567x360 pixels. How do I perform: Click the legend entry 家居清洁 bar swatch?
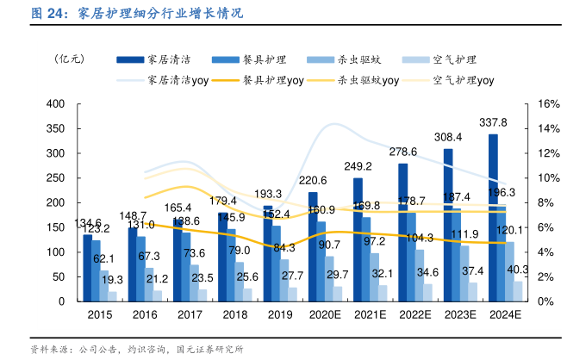(130, 59)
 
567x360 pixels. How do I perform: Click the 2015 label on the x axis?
(100, 315)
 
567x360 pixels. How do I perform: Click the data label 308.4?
(447, 137)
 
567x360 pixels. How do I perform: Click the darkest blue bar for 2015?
(87, 268)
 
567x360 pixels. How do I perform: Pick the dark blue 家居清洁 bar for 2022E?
(403, 233)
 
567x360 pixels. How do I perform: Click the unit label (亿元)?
(69, 59)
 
